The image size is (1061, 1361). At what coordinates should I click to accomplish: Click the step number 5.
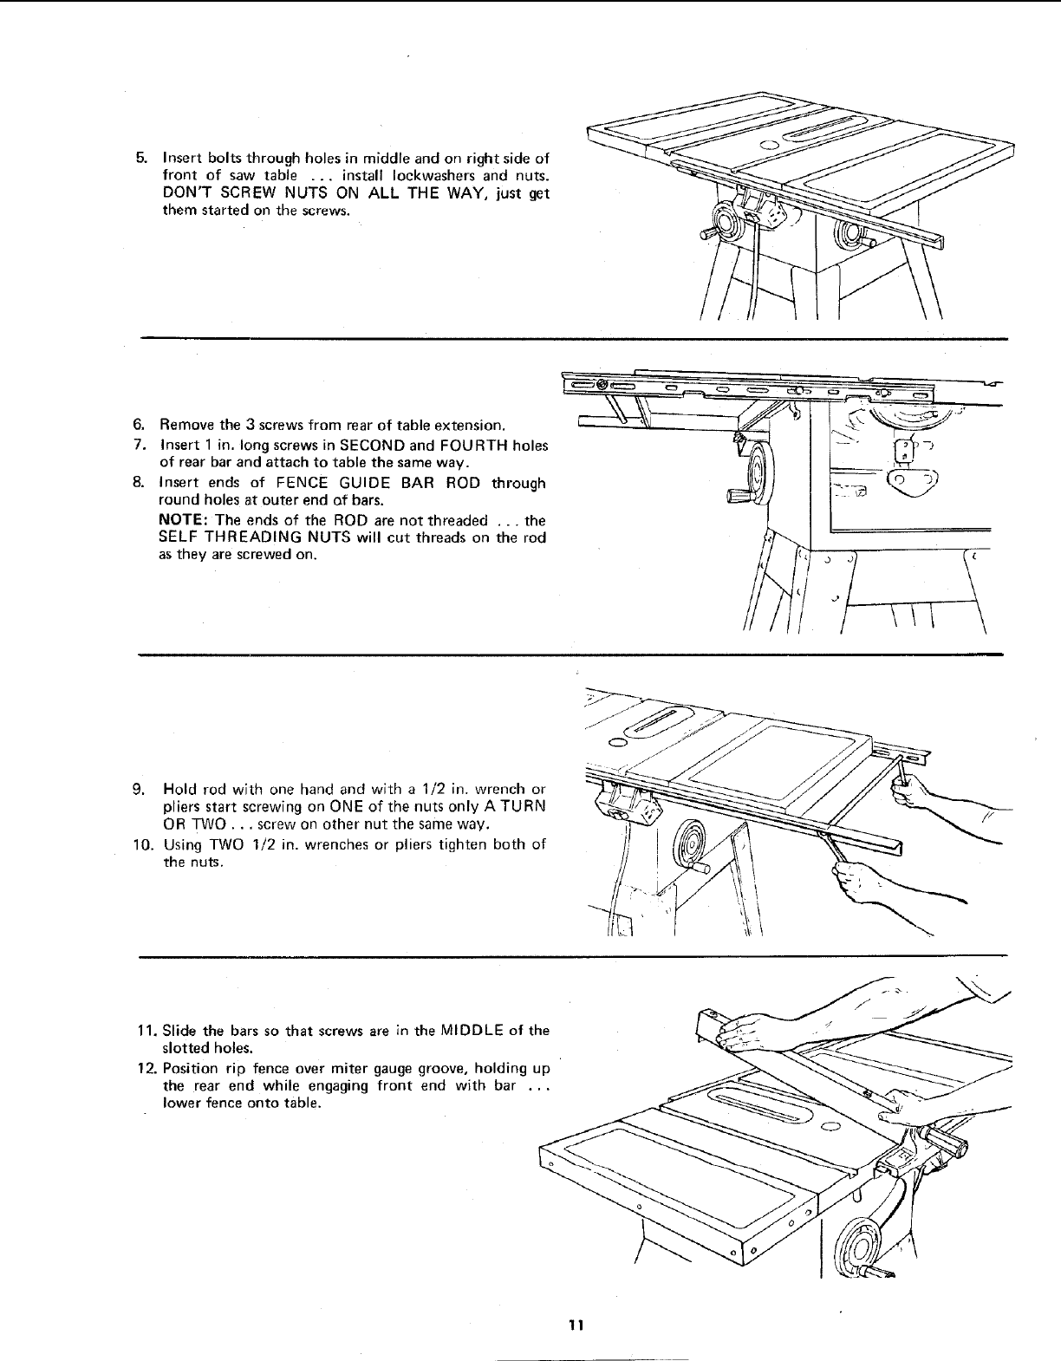[x=140, y=159]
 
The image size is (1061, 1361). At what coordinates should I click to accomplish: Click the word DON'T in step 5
[x=185, y=193]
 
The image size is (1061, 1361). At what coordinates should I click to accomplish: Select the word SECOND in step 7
[x=374, y=446]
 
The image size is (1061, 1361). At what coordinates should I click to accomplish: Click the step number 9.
[x=139, y=790]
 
